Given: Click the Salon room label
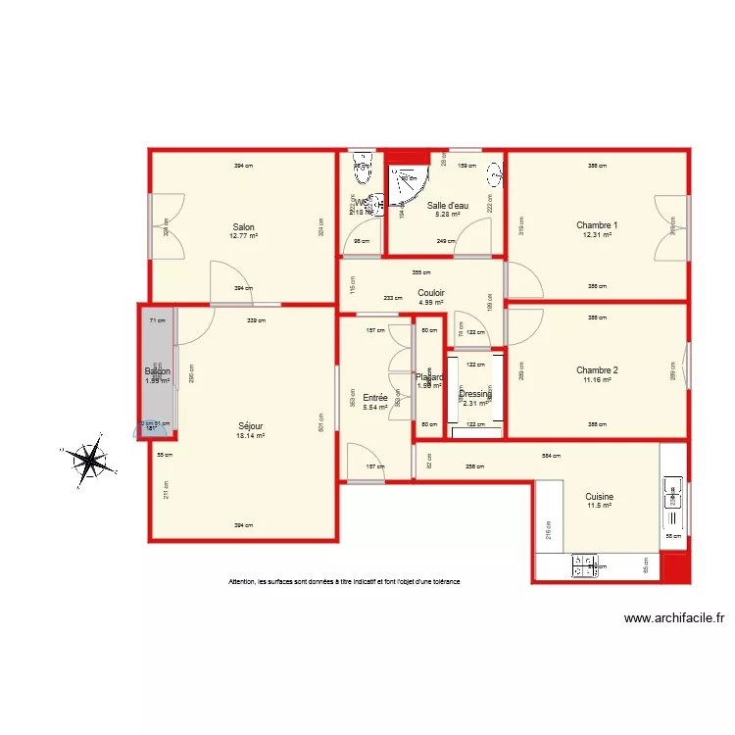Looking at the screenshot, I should [244, 225].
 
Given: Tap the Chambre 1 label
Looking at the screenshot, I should [596, 224].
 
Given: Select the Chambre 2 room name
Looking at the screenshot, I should [596, 369].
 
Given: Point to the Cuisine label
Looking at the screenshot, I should [599, 497].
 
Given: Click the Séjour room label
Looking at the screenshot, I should [250, 426].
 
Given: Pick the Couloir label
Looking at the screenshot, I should [431, 292].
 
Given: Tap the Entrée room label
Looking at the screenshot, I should [374, 397].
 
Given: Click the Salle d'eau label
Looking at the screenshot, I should [447, 206].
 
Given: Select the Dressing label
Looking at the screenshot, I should [475, 394].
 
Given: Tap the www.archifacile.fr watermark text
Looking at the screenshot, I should [673, 618].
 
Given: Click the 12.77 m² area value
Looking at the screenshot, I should [244, 235].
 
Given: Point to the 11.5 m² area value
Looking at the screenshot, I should [599, 506].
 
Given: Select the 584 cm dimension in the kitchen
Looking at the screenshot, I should [551, 456].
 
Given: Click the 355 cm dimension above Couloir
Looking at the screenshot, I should [419, 272].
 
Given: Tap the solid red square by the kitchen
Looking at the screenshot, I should [674, 566].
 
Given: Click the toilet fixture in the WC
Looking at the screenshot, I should [362, 163].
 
